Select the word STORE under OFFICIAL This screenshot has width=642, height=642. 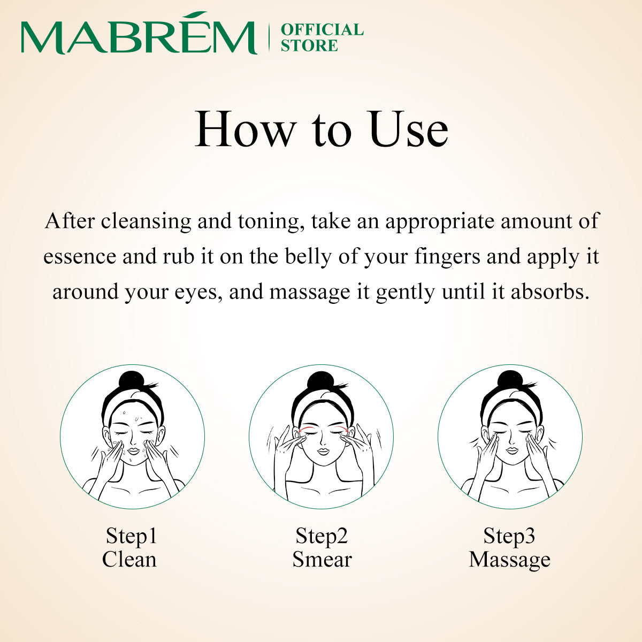point(309,46)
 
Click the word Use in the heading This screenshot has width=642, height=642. point(409,129)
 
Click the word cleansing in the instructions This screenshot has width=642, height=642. point(146,221)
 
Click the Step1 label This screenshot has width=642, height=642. point(131,536)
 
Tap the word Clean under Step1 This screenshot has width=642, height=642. point(129,560)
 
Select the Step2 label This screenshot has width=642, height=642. point(322,536)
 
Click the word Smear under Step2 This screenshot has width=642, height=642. point(322,560)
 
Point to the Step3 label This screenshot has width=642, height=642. point(509,536)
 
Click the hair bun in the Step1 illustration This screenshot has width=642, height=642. point(131,381)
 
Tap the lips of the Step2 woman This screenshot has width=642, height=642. point(322,452)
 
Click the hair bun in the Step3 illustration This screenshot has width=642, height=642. point(509,381)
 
